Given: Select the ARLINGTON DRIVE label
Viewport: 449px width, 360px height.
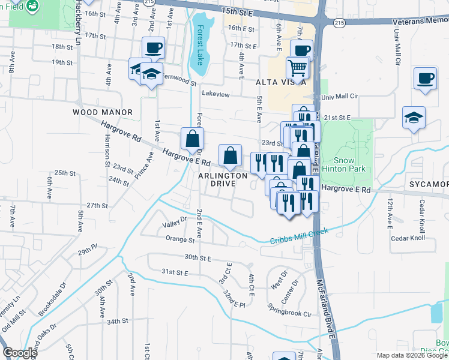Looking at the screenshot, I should (x=223, y=179).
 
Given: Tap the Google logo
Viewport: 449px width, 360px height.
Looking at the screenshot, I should (x=19, y=353).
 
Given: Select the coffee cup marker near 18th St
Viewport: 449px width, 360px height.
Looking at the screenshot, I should (x=153, y=47).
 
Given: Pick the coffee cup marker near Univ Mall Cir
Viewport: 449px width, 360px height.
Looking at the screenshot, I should (x=425, y=78).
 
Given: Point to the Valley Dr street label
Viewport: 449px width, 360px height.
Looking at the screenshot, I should (x=175, y=226).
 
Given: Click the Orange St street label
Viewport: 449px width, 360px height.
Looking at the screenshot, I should (x=180, y=239).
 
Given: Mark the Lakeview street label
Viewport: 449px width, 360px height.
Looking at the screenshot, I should (x=216, y=94).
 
